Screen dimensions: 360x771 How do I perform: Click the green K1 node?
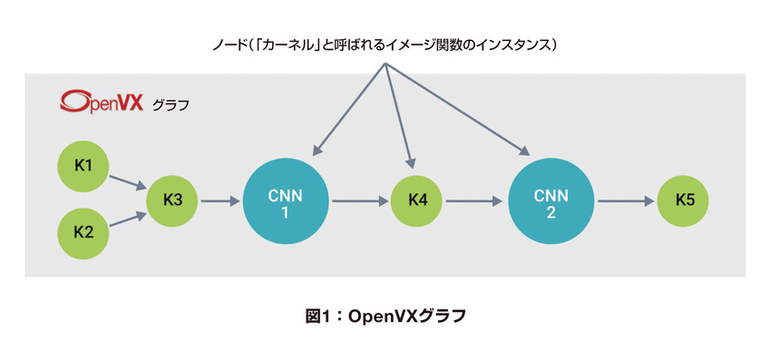[x=83, y=166]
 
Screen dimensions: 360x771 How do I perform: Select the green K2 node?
[x=83, y=230]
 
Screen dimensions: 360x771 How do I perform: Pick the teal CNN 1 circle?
[x=286, y=201]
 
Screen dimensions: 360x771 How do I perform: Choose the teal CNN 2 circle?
[x=551, y=201]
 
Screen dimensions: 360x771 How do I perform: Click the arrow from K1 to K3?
[x=127, y=182]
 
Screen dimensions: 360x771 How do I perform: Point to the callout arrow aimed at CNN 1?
[x=348, y=108]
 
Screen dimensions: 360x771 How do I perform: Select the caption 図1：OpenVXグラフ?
[x=385, y=316]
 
